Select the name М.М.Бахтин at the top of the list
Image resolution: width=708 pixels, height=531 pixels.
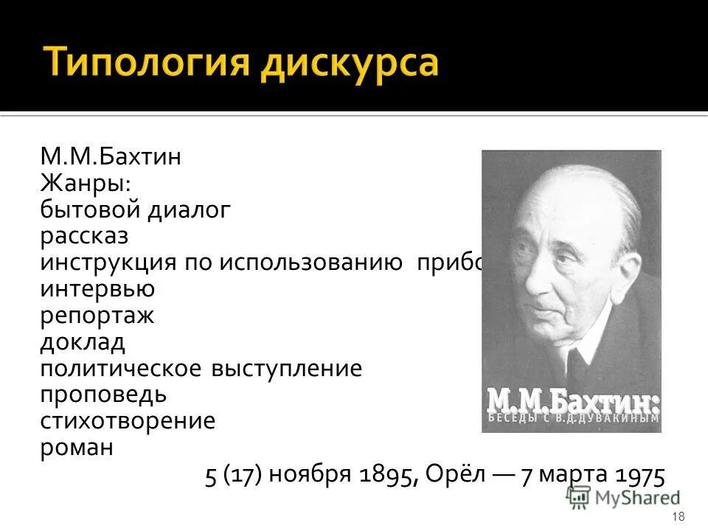pos(111,157)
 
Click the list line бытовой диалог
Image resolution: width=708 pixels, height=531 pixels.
pos(136,210)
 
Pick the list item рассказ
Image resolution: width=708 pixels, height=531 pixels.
pos(84,237)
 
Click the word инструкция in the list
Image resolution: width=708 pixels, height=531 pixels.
pos(108,263)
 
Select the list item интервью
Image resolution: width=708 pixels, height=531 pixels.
pos(97,290)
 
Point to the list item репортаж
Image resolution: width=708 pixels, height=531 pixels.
pos(97,316)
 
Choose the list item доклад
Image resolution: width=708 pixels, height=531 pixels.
pos(83,343)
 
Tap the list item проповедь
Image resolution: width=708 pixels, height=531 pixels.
pos(103,395)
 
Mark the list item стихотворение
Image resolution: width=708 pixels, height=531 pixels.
pos(128,422)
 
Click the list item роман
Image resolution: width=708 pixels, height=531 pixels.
pos(77,448)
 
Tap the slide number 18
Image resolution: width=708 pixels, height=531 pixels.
pos(679,516)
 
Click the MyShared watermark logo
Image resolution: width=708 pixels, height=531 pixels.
pos(623,498)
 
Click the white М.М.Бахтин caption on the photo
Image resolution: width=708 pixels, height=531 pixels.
pos(571,404)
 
